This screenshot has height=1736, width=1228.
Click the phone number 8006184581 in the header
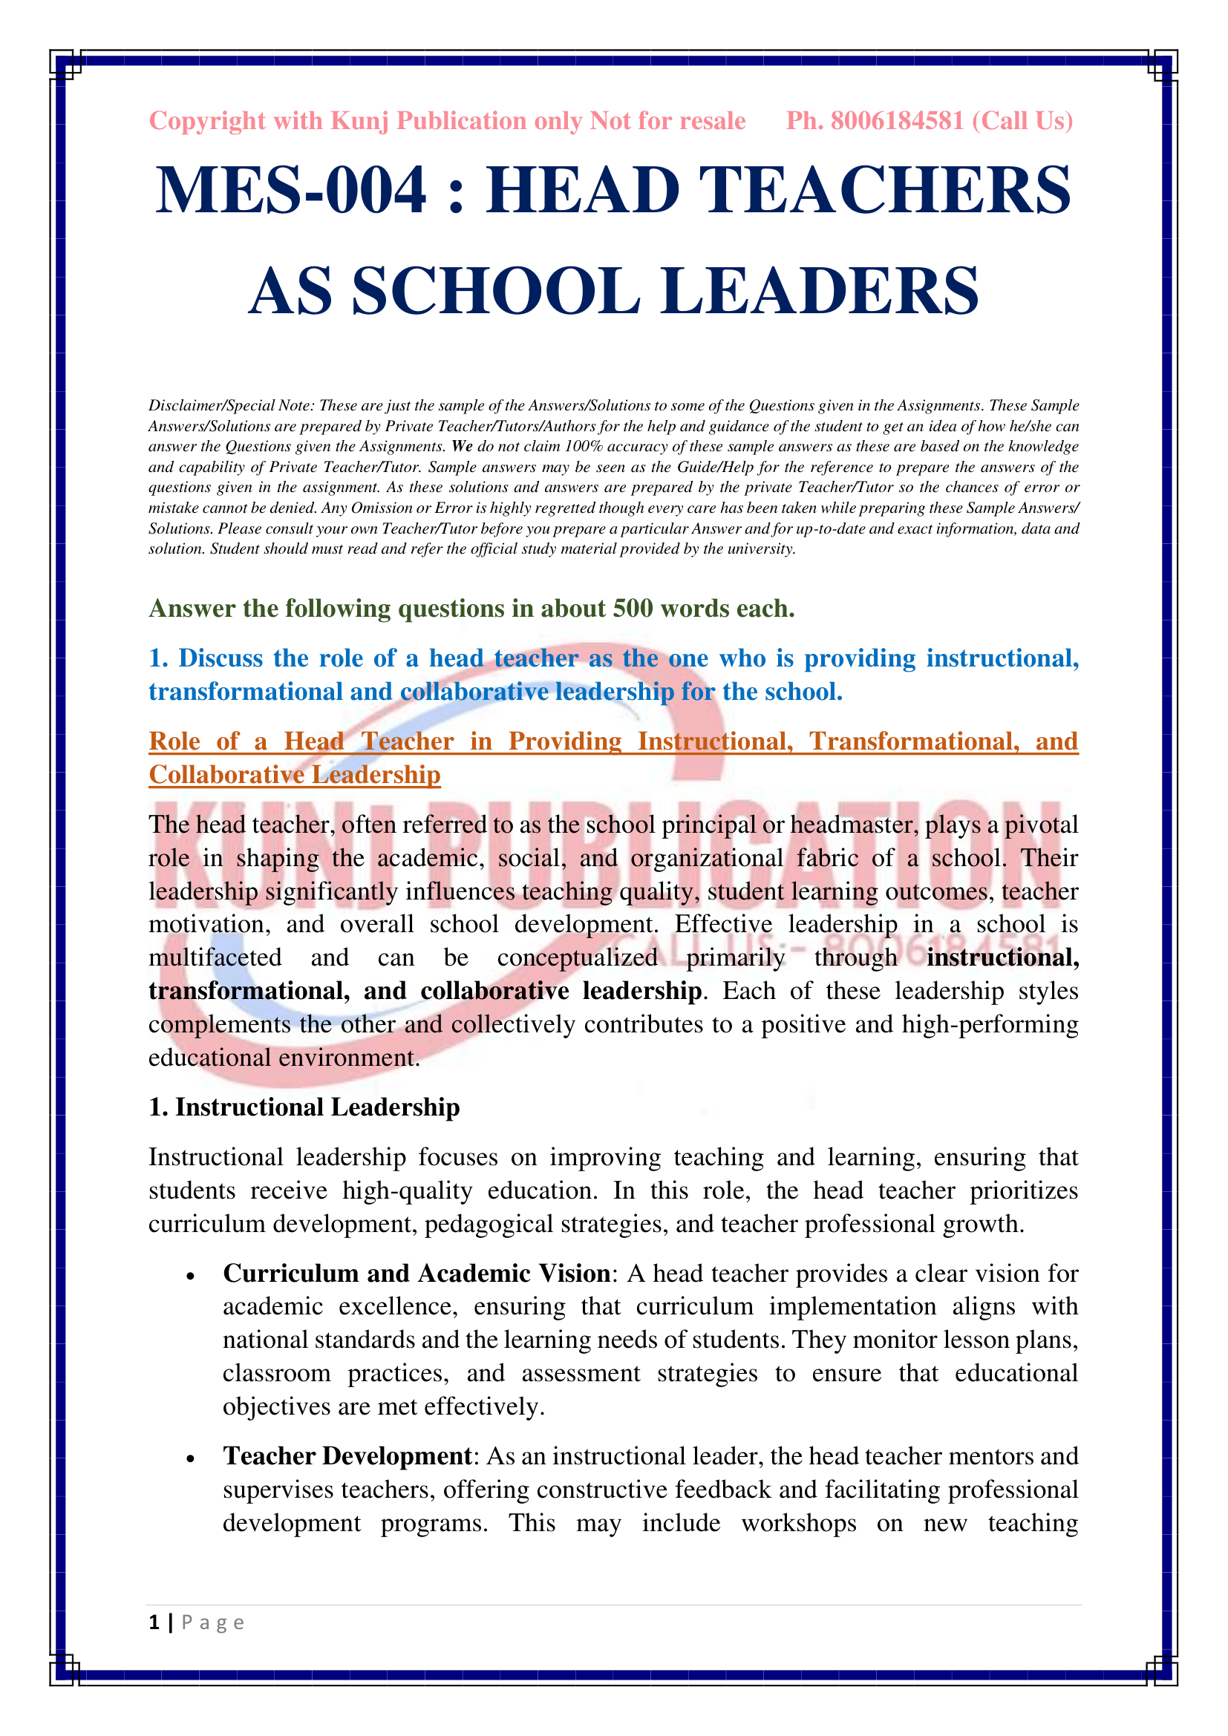[x=897, y=121]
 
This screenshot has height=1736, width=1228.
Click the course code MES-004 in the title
[x=291, y=191]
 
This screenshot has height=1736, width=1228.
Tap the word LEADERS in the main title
[x=820, y=292]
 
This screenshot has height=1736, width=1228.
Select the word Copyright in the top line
[x=207, y=121]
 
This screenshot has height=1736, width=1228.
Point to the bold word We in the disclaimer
[x=462, y=447]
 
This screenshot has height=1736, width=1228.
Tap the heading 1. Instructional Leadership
[x=304, y=1107]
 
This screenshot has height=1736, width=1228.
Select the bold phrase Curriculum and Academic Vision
[x=417, y=1274]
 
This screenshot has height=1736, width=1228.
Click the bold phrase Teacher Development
[x=347, y=1456]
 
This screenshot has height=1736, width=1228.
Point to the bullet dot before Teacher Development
[x=191, y=1458]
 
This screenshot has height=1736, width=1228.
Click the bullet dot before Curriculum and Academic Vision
[x=191, y=1277]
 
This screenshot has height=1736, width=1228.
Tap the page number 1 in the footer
[x=154, y=1622]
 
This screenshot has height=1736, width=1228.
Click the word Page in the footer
[x=212, y=1623]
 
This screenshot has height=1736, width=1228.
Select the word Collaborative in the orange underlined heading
[x=227, y=775]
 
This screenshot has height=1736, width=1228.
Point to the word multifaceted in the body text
[x=215, y=958]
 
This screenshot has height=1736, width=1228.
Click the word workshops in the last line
[x=799, y=1523]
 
